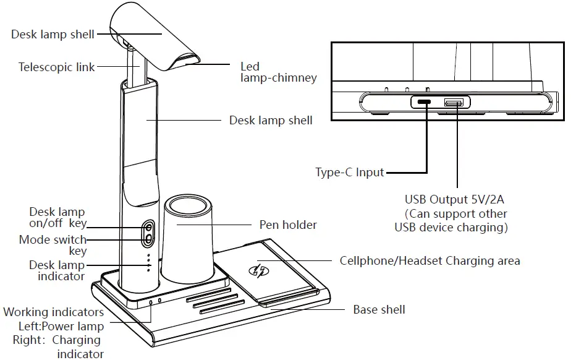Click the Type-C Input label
click(349, 173)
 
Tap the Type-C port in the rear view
click(425, 102)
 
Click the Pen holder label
click(288, 225)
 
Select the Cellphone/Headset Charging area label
click(430, 260)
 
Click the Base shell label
click(379, 309)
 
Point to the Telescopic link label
click(57, 66)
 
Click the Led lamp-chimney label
click(278, 72)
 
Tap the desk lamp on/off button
click(149, 226)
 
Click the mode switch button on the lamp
click(149, 238)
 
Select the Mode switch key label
click(53, 246)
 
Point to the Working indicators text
click(53, 312)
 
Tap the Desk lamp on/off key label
click(57, 218)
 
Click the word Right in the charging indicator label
click(28, 340)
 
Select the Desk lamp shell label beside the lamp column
click(271, 120)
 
